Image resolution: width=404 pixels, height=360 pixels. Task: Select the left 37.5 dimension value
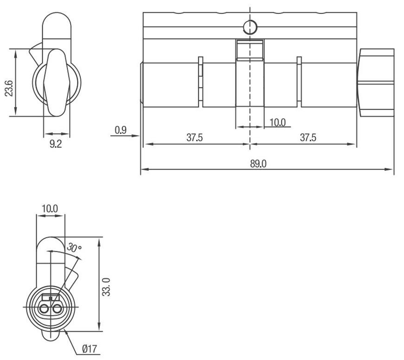coord(195,138)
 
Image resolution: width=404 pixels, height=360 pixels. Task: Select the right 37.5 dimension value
coord(308,138)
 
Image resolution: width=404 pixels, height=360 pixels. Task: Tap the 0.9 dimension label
coord(120,130)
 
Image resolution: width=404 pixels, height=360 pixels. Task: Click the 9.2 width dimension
coord(56,144)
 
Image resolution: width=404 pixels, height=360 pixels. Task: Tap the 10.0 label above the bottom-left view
coord(50,209)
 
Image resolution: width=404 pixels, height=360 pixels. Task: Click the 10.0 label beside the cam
coord(278,122)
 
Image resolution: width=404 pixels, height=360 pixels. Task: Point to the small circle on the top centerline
coord(250,27)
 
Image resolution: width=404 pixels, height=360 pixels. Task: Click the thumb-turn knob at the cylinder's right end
coord(375,82)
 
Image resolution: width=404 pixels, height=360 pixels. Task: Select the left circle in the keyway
coord(45,308)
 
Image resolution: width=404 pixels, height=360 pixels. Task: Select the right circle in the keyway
coord(57,308)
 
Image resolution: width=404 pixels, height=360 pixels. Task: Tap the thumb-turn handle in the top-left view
coord(57,82)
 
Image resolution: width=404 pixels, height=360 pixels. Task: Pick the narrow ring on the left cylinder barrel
coord(201,82)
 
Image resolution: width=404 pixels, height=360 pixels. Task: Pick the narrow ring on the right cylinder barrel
coord(299,82)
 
